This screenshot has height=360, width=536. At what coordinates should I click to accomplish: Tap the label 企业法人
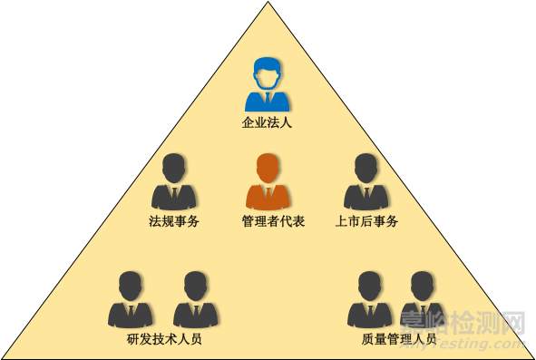pyautogui.click(x=267, y=122)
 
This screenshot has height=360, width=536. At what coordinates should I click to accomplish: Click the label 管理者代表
pyautogui.click(x=268, y=220)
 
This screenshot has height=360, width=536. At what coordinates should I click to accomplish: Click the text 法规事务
pyautogui.click(x=174, y=220)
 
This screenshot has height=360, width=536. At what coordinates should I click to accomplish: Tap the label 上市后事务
pyautogui.click(x=366, y=220)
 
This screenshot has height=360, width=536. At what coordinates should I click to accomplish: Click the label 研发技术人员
pyautogui.click(x=164, y=340)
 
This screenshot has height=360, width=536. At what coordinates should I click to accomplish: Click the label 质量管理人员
pyautogui.click(x=399, y=340)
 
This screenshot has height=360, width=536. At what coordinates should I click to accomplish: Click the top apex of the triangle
pyautogui.click(x=268, y=4)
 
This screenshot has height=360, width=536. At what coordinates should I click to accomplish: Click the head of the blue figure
pyautogui.click(x=267, y=73)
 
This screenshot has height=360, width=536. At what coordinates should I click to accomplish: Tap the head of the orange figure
pyautogui.click(x=268, y=169)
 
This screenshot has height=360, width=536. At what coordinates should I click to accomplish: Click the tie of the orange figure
pyautogui.click(x=268, y=195)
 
